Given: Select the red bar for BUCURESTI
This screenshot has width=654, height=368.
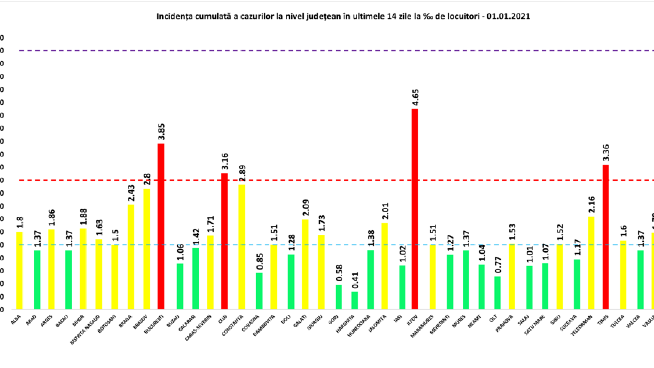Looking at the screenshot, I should [161, 226].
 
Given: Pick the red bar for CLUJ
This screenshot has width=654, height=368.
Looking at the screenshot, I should [224, 241].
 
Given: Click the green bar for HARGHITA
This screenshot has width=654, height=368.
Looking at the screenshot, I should [355, 301].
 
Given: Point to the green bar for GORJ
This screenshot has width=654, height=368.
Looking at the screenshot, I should [339, 297].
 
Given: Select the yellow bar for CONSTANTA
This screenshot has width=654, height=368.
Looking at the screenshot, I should [242, 247].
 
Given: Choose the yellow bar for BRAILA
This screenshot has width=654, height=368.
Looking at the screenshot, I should [131, 257].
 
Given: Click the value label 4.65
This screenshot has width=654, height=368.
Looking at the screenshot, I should [415, 98].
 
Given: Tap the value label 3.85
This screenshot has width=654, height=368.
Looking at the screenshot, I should [161, 132].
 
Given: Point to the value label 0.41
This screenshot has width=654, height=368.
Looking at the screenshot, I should [355, 280].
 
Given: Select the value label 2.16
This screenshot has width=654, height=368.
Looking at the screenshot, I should [591, 205].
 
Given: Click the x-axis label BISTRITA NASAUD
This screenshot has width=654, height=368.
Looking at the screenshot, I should [85, 329].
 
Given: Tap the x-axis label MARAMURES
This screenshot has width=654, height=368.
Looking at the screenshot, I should [422, 326].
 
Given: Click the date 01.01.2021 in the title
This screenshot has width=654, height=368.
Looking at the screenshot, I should [508, 16].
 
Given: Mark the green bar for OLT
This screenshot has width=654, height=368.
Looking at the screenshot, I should [498, 293].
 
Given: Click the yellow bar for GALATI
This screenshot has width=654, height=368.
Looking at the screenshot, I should [306, 264].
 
